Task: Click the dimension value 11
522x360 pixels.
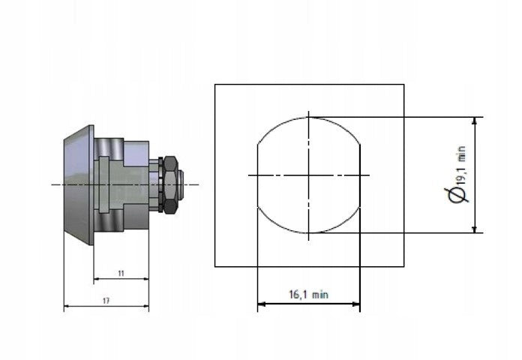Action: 121,274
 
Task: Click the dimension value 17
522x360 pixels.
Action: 106,301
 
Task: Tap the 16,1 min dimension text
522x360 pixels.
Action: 308,295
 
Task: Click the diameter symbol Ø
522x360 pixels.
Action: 457,195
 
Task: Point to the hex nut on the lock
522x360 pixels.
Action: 171,184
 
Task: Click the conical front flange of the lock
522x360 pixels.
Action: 79,184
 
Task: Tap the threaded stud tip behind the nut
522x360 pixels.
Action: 181,184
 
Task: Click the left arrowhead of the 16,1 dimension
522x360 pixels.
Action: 261,304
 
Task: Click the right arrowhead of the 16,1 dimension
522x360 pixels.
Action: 356,304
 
